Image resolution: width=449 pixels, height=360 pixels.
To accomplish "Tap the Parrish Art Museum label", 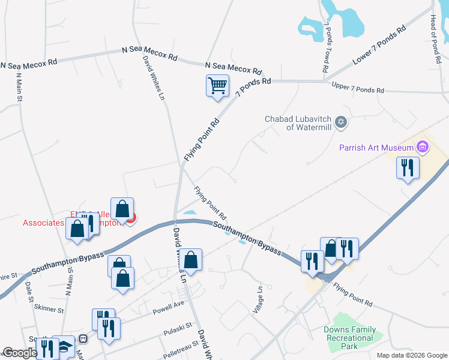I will click(x=376, y=148).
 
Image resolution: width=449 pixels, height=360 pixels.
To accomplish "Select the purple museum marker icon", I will click(x=423, y=147).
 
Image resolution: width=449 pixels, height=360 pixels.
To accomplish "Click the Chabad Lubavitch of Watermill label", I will click(x=298, y=122).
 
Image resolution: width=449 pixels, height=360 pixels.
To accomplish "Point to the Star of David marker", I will click(x=341, y=122).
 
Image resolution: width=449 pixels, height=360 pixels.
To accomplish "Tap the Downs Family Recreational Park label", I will click(x=349, y=338).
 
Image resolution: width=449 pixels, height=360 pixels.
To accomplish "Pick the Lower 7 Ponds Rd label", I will click(x=376, y=46).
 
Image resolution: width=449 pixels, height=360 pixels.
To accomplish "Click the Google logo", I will click(x=20, y=353).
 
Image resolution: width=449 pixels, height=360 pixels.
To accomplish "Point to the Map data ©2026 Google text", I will click(x=411, y=355).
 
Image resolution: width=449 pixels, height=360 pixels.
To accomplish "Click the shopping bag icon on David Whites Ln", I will click(x=191, y=260).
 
